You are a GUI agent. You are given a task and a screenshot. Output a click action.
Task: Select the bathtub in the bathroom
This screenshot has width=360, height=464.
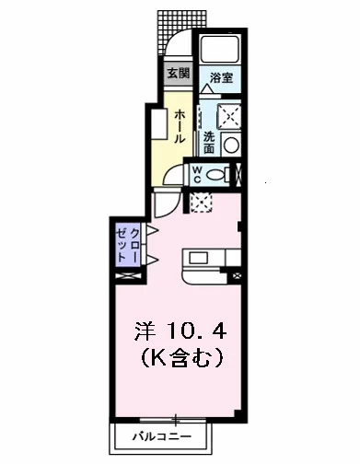[221, 50]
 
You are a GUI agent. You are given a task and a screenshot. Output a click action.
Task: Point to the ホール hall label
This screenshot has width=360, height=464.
[180, 125]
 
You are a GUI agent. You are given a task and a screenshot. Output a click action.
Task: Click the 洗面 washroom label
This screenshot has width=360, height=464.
[208, 142]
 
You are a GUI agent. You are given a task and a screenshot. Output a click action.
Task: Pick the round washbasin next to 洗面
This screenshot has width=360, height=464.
[231, 144]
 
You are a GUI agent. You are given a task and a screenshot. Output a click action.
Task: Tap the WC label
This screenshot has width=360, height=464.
[197, 174]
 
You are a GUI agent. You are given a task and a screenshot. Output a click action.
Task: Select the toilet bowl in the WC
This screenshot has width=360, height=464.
[219, 174]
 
